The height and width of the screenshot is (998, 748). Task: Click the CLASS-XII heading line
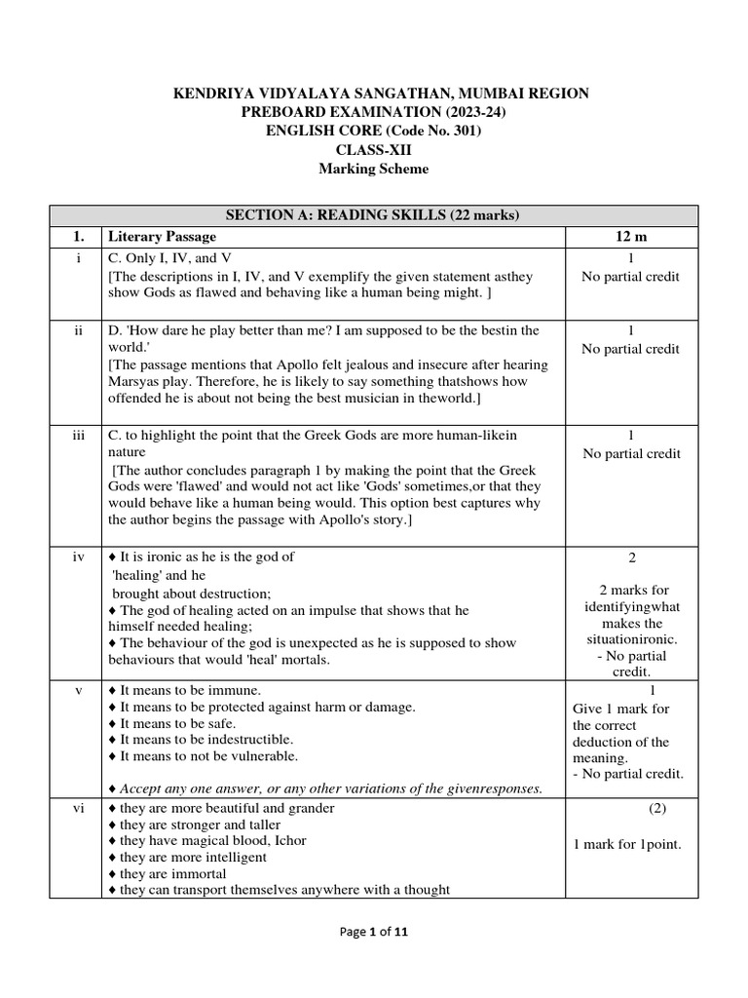pyautogui.click(x=374, y=150)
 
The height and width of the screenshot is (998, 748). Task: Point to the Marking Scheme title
pyautogui.click(x=374, y=169)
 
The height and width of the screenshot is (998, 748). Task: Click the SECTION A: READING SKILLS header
pyautogui.click(x=374, y=215)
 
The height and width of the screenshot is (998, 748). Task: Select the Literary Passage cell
pyautogui.click(x=163, y=237)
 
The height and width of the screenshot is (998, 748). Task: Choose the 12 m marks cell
pyautogui.click(x=631, y=237)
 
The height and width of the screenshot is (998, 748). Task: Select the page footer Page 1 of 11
pyautogui.click(x=374, y=932)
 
